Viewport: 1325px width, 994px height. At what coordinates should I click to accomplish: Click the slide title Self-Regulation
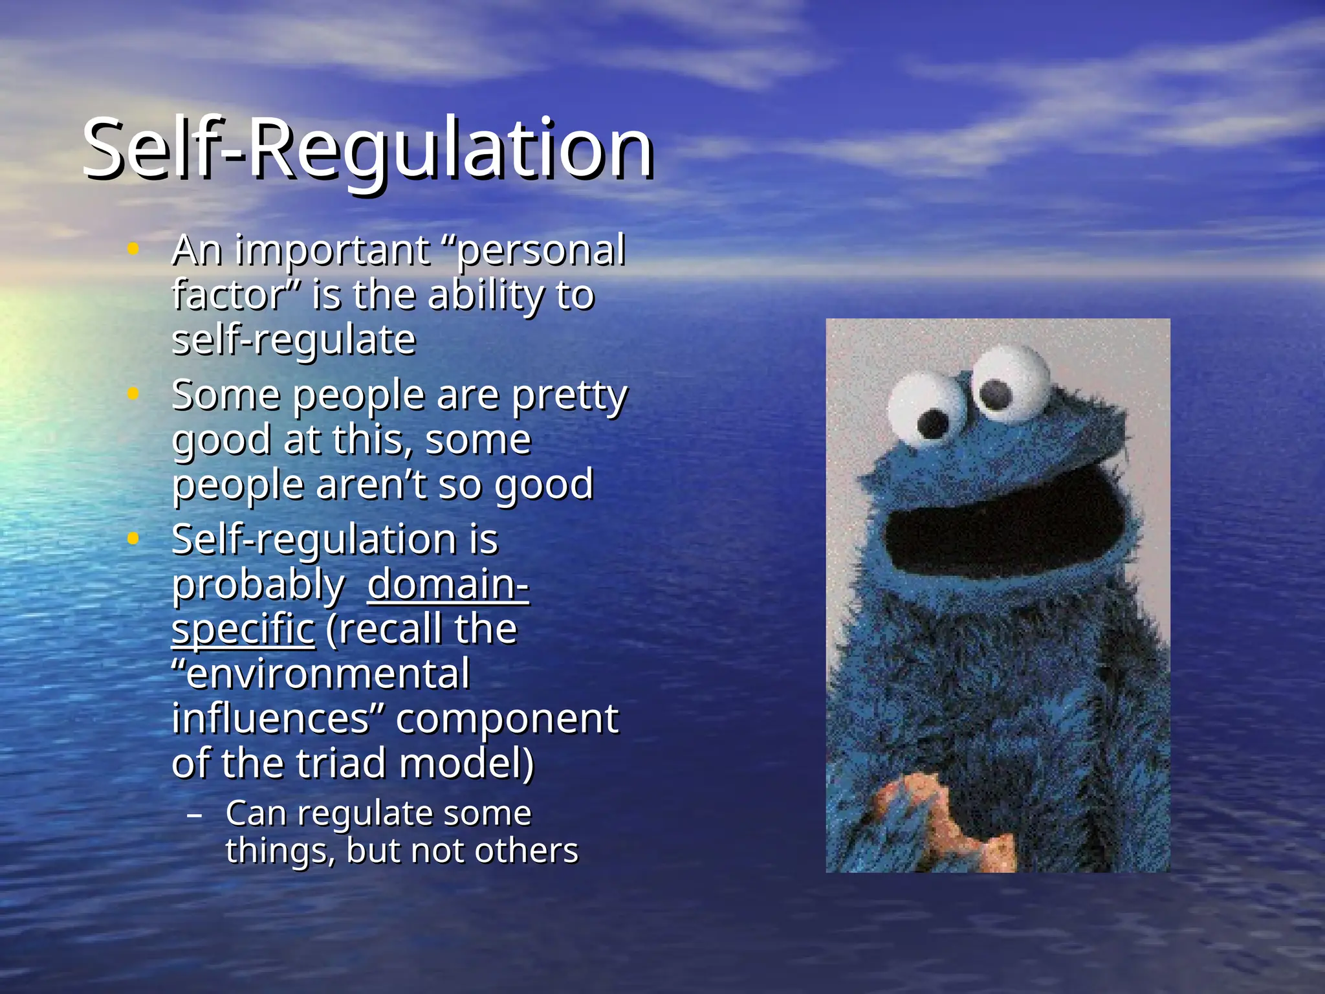[367, 149]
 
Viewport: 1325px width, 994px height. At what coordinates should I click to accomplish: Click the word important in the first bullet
[332, 251]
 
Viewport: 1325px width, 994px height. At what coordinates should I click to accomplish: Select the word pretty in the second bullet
[569, 396]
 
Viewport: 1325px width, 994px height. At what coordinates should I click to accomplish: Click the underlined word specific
[243, 629]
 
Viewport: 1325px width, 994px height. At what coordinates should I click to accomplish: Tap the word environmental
[321, 674]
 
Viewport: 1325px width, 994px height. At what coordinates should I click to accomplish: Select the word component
[507, 718]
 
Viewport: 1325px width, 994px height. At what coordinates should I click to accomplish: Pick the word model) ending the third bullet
[466, 764]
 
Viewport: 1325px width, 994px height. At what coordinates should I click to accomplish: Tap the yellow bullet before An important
[133, 248]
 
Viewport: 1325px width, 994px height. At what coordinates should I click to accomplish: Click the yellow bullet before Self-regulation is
[133, 538]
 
